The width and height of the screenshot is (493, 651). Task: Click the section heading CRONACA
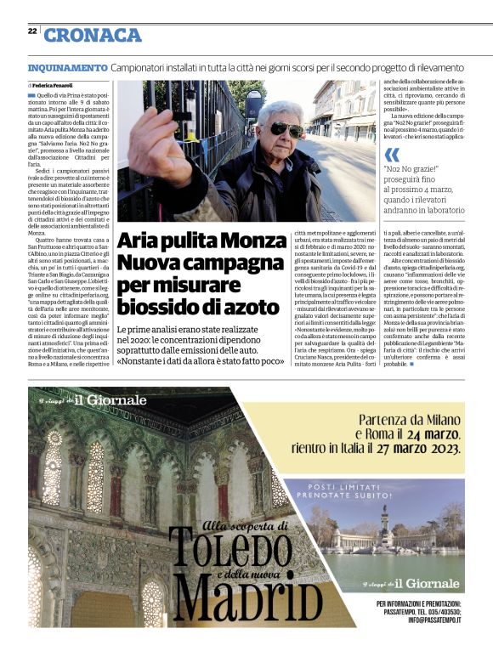(93, 35)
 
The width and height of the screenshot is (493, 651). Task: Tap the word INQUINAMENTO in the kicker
(67, 66)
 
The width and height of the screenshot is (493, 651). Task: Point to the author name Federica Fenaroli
(54, 86)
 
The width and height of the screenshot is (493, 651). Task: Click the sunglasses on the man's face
(286, 129)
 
